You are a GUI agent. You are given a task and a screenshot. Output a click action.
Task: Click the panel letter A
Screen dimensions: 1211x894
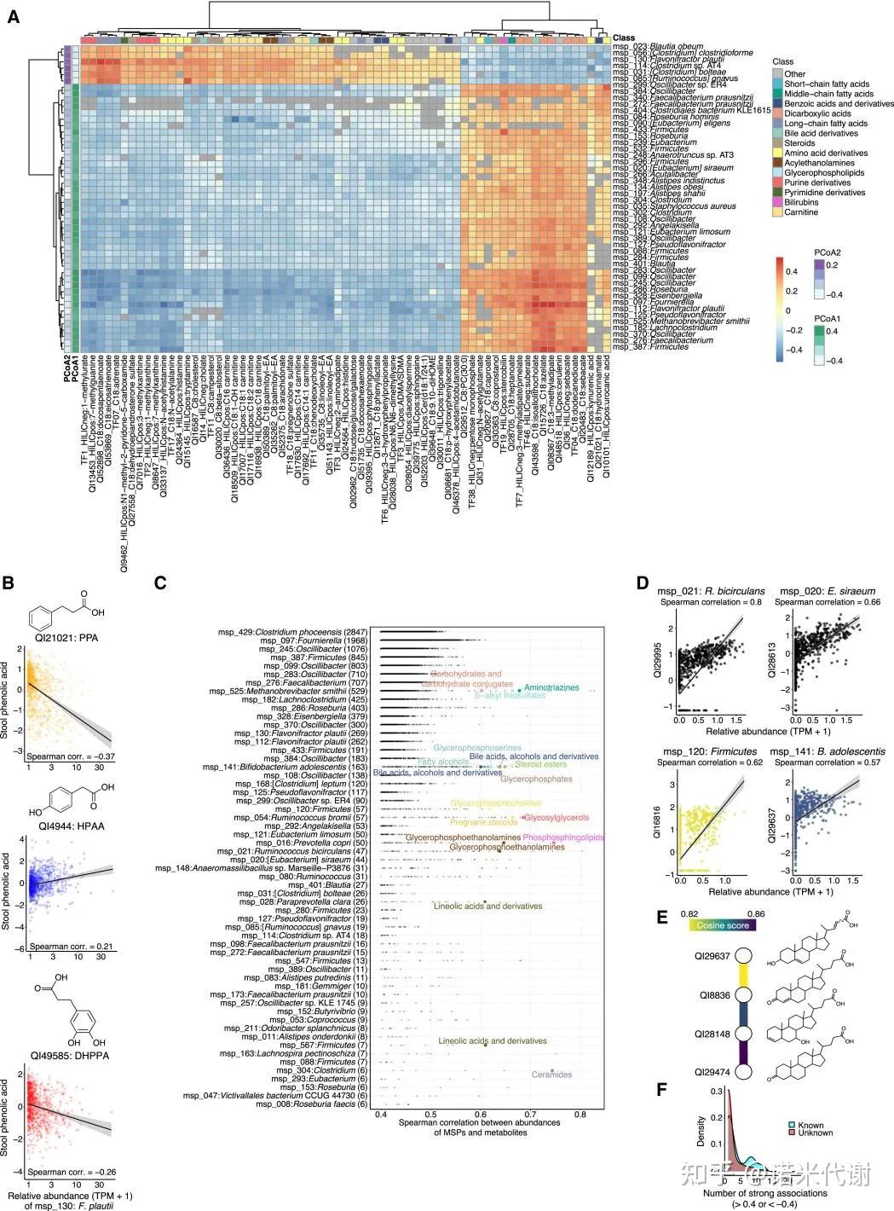[x=14, y=16]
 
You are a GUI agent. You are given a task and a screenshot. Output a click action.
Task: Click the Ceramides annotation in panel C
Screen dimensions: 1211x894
[x=551, y=1075]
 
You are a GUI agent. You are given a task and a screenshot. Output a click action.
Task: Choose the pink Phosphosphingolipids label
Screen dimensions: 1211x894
[x=562, y=838]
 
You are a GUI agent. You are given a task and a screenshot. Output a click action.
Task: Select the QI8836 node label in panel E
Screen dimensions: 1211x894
[x=714, y=994]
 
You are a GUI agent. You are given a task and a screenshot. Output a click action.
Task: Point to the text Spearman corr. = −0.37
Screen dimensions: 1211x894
[x=70, y=756]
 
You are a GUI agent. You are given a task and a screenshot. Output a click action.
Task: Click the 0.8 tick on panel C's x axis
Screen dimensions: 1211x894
[x=580, y=1115]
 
